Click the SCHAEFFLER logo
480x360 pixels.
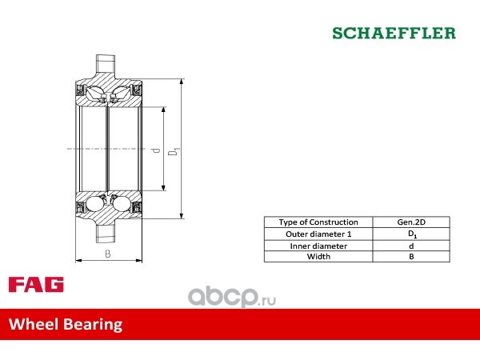pos(394,33)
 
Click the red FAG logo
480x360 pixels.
pos(36,284)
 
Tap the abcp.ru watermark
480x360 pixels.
pos(232,297)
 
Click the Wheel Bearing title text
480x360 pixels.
pos(66,325)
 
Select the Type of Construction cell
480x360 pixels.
pos(318,222)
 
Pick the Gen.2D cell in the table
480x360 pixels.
pos(411,222)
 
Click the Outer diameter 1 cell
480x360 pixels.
pos(318,234)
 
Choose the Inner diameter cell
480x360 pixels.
pos(318,246)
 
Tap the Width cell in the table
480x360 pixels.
pos(318,257)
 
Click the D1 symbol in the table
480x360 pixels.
pos(412,234)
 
